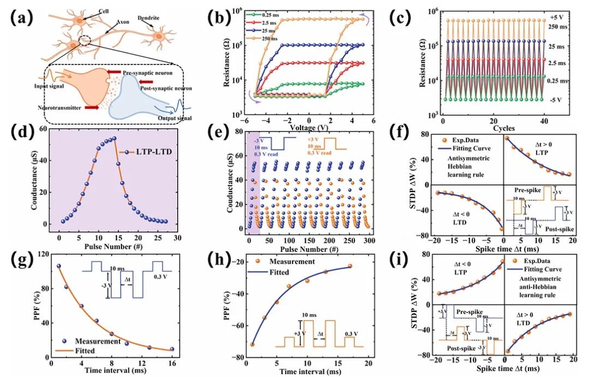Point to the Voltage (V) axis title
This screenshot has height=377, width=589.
308,129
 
